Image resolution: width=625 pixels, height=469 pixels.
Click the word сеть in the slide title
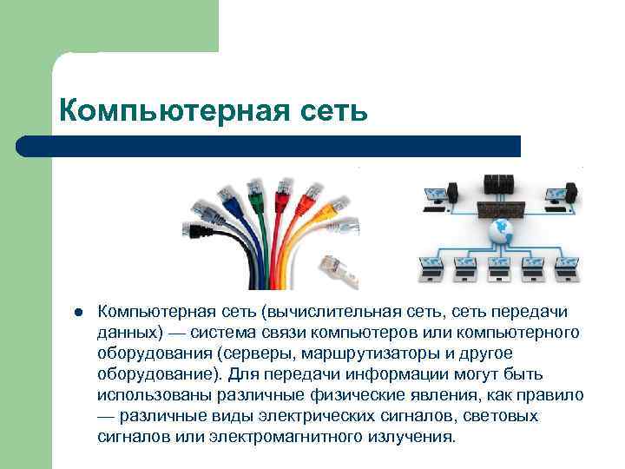(x=335, y=111)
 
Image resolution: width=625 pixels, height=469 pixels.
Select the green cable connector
(x=257, y=188)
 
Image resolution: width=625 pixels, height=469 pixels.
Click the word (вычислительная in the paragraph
(x=313, y=312)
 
